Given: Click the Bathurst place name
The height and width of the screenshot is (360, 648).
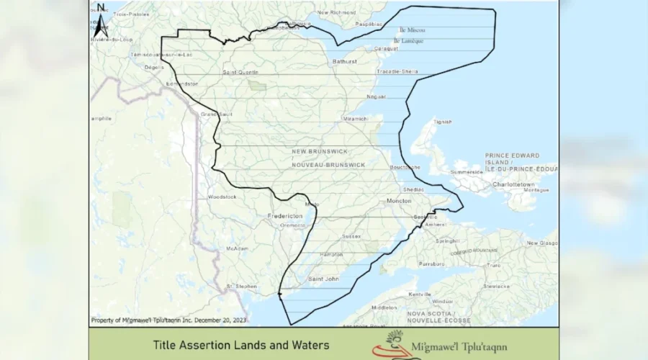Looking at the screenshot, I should tap(344, 62).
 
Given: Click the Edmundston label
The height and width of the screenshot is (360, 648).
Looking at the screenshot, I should tap(181, 84).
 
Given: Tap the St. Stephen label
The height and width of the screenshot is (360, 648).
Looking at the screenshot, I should tap(242, 286).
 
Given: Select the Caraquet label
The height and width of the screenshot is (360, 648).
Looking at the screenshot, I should tap(387, 49).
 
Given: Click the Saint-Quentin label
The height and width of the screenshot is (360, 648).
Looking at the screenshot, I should tap(240, 72).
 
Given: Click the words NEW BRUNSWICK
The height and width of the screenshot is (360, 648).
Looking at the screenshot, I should tap(320, 152).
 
